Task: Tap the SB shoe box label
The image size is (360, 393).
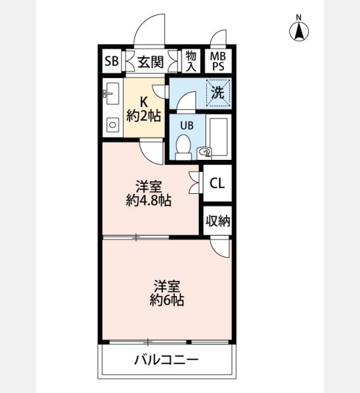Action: tap(111, 61)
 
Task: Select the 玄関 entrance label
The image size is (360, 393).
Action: tap(151, 62)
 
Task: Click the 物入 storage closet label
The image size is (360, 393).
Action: tap(191, 61)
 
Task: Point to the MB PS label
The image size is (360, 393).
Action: tap(218, 62)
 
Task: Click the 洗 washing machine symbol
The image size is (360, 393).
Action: tap(218, 93)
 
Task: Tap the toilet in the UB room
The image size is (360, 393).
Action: tap(183, 147)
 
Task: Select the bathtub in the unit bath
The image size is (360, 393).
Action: tap(219, 138)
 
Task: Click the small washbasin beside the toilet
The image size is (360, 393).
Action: tap(204, 152)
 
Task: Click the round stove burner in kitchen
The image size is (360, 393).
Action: tap(113, 124)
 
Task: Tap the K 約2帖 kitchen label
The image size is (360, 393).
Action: tap(143, 109)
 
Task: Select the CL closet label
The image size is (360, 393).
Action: tap(217, 183)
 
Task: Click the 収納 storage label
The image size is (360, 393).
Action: tap(218, 221)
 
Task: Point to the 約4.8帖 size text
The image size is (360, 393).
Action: tap(149, 200)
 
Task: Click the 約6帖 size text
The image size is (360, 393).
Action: tap(167, 299)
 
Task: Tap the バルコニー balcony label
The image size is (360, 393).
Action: tap(167, 360)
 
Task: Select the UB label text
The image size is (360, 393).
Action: tap(187, 125)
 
